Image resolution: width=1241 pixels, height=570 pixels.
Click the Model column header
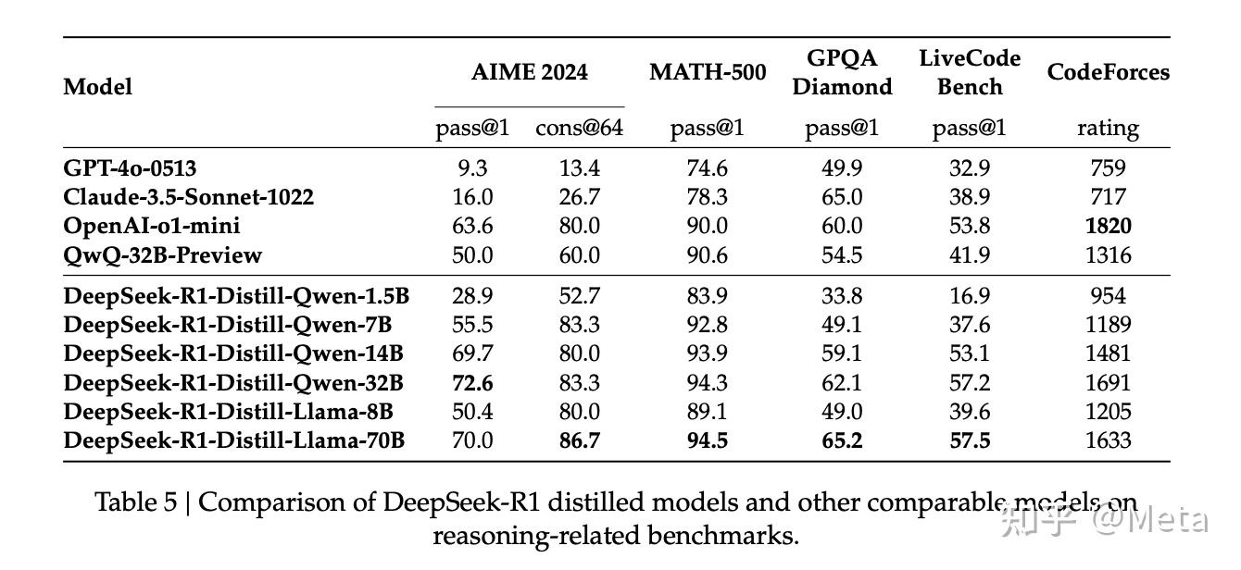tap(97, 87)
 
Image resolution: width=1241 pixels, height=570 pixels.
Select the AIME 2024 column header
tap(529, 72)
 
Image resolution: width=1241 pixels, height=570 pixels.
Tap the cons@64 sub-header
tap(579, 128)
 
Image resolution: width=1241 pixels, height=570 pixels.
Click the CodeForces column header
tap(1108, 72)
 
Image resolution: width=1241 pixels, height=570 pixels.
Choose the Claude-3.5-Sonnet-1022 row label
tap(188, 197)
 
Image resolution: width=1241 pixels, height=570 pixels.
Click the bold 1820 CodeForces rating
tap(1108, 226)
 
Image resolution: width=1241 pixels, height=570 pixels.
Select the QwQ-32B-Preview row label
tap(162, 254)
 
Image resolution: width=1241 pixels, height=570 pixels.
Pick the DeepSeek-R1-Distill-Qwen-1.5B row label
tap(236, 296)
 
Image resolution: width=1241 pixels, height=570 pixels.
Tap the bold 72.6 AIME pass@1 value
tap(472, 382)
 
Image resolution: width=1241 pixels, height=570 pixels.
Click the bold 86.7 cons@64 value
tap(579, 440)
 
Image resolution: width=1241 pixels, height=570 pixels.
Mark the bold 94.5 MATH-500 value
tap(708, 440)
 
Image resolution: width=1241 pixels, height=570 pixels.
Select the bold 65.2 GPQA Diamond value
tap(842, 440)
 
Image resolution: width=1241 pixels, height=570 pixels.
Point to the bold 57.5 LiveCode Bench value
tap(969, 440)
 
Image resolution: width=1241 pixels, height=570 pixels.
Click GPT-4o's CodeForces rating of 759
tap(1108, 168)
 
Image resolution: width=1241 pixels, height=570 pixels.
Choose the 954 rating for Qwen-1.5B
tap(1108, 296)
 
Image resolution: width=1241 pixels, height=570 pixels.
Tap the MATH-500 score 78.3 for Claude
tap(708, 197)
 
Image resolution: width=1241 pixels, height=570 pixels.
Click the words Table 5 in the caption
tap(136, 502)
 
